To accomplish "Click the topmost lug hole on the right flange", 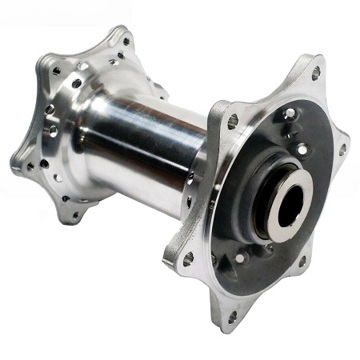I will [316, 73].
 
